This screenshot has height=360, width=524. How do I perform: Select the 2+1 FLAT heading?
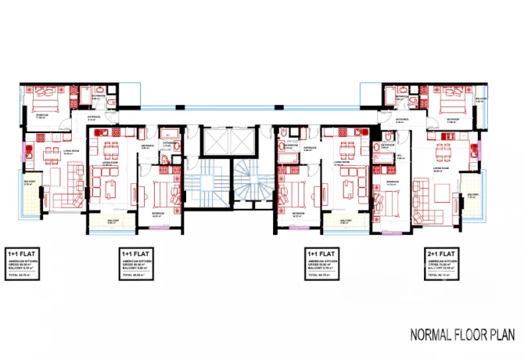[x=443, y=254]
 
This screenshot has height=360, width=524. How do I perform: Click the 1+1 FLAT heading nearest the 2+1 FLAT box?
[x=321, y=254]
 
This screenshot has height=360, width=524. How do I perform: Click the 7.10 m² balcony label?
[x=472, y=196]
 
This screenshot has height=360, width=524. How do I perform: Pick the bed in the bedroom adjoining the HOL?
[x=389, y=206]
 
